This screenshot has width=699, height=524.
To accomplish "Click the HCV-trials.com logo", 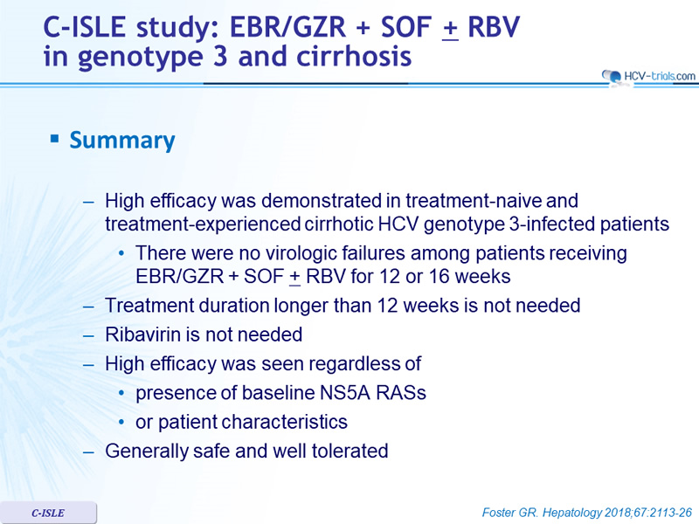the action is [648, 77].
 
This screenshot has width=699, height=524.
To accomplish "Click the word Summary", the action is [122, 141].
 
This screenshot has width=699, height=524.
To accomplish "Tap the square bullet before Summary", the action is [54, 139].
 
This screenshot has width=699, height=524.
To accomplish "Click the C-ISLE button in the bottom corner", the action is [48, 513].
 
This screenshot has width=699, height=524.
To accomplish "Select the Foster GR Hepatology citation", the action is [586, 513].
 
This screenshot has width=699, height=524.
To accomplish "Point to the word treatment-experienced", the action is [203, 224].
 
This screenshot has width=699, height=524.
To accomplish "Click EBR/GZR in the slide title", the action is [288, 27].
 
